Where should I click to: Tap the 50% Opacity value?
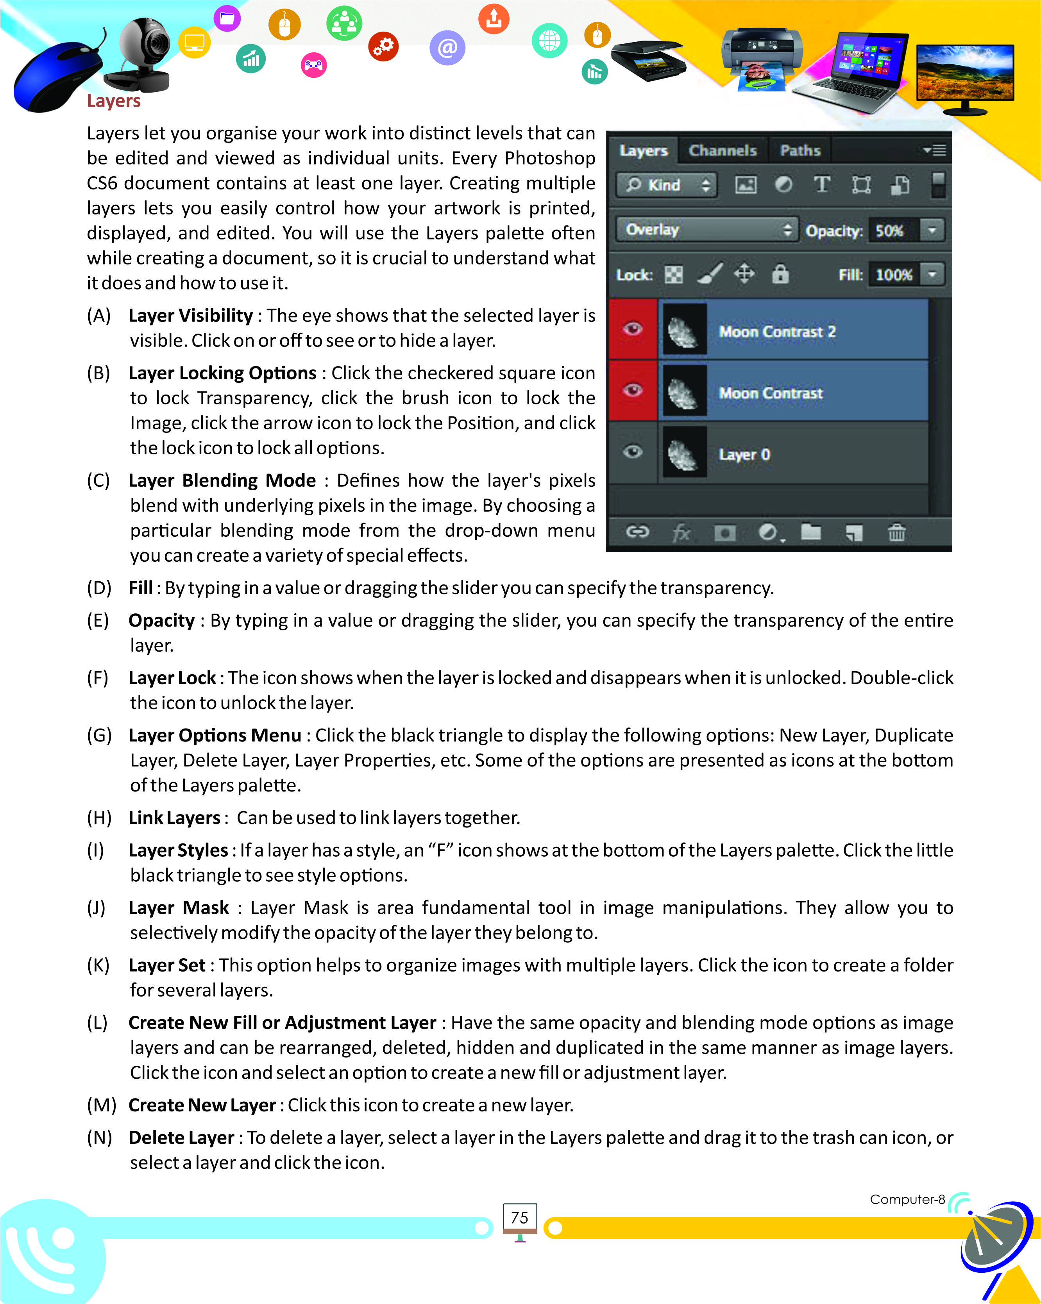pyautogui.click(x=889, y=231)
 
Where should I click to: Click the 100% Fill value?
pyautogui.click(x=893, y=275)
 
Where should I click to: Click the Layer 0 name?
pyautogui.click(x=744, y=454)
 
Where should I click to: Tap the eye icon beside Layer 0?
pyautogui.click(x=633, y=452)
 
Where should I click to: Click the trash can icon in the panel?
pyautogui.click(x=896, y=532)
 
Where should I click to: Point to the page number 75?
pyautogui.click(x=520, y=1218)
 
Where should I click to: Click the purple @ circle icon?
pyautogui.click(x=447, y=47)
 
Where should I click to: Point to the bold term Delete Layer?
pyautogui.click(x=181, y=1137)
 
